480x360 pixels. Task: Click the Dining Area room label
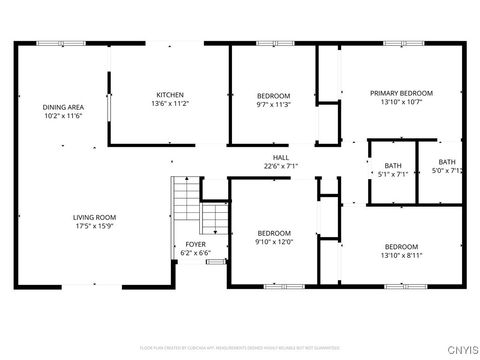(x=61, y=107)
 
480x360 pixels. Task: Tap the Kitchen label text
(x=170, y=94)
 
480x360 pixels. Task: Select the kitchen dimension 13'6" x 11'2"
(x=170, y=103)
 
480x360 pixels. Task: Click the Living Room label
(x=94, y=217)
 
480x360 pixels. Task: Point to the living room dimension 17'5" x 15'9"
(x=94, y=226)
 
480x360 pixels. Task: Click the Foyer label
(x=195, y=244)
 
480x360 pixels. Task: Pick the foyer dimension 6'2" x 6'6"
(x=195, y=253)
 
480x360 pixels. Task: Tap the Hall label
(x=281, y=157)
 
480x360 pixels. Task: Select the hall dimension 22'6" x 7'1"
(x=281, y=166)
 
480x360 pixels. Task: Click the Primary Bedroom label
(x=396, y=93)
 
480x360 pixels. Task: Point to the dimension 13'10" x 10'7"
(x=396, y=102)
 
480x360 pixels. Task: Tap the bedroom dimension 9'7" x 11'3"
(x=272, y=104)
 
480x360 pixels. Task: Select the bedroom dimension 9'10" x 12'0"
(x=273, y=241)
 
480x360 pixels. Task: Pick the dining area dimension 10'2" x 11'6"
(x=61, y=116)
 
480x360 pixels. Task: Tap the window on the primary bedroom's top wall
(x=397, y=43)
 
